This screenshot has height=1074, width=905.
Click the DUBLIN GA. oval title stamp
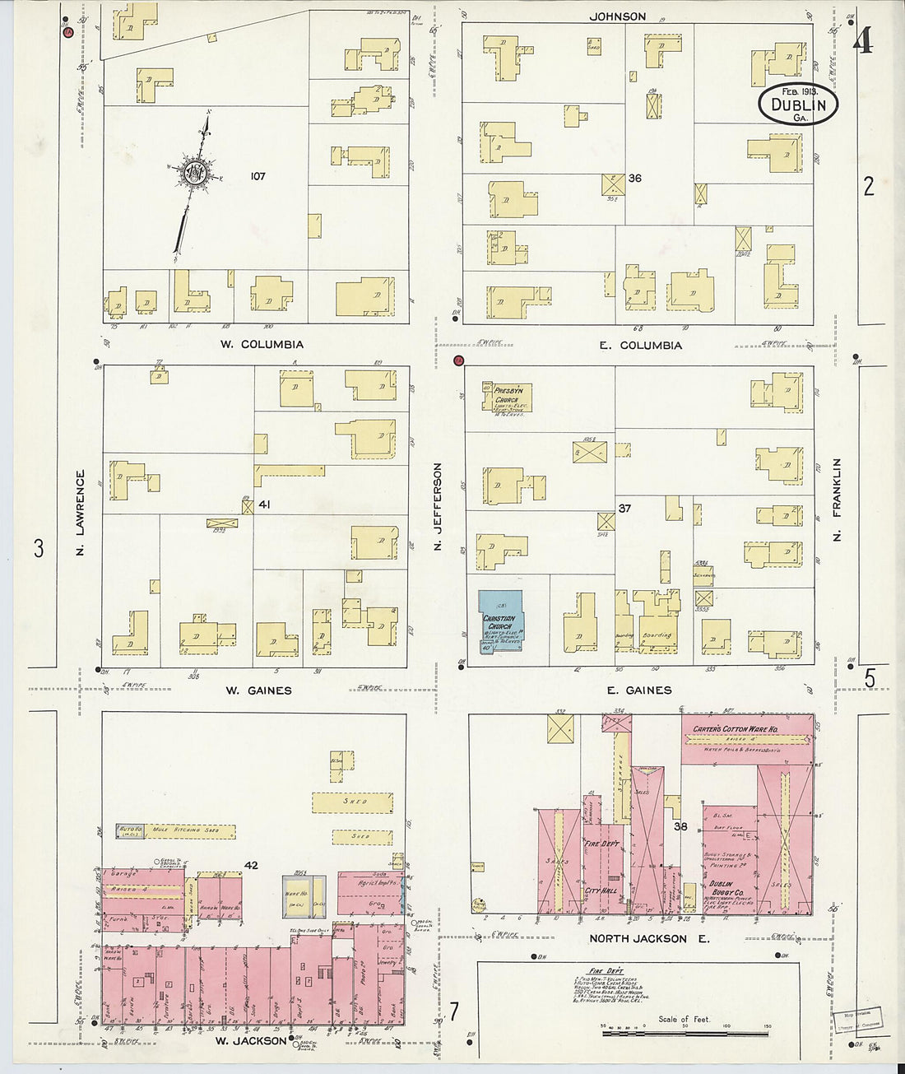(x=798, y=105)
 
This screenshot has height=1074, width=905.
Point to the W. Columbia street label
(x=261, y=344)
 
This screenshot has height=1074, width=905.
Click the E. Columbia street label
(x=640, y=345)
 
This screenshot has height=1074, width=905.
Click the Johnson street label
(x=617, y=16)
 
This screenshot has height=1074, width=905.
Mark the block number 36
(x=634, y=178)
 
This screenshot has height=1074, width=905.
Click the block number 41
(x=264, y=504)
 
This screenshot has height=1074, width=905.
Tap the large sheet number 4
(x=862, y=41)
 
